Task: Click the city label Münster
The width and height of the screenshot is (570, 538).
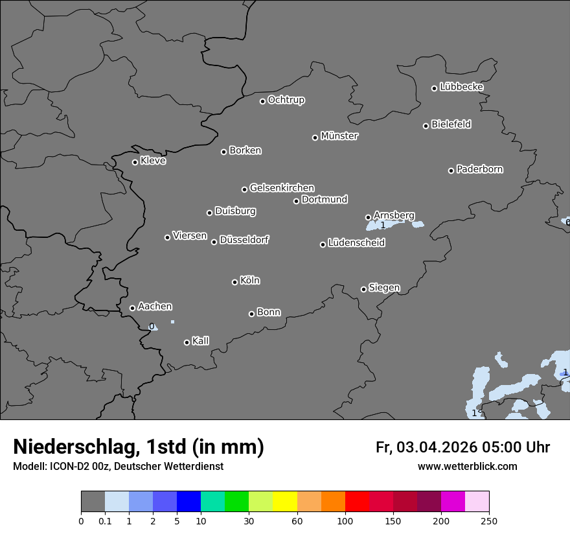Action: [339, 136]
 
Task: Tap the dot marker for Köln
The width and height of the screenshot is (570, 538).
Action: [234, 282]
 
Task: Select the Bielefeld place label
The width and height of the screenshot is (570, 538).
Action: [451, 124]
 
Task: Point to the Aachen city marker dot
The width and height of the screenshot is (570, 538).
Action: [132, 308]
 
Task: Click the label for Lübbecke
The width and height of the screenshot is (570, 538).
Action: [461, 87]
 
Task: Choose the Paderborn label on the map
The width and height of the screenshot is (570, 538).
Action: [479, 169]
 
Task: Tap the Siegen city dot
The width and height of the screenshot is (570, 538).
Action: [363, 289]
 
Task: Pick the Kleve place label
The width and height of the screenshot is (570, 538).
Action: [153, 161]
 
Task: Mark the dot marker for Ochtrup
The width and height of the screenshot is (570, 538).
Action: [262, 101]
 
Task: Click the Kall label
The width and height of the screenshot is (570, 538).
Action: [200, 341]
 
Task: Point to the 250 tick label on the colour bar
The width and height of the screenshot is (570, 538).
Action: [489, 520]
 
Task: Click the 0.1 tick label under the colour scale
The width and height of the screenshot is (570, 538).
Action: [105, 520]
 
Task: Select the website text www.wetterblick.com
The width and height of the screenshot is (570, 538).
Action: [467, 466]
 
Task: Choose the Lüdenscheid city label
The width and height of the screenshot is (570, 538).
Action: [356, 243]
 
